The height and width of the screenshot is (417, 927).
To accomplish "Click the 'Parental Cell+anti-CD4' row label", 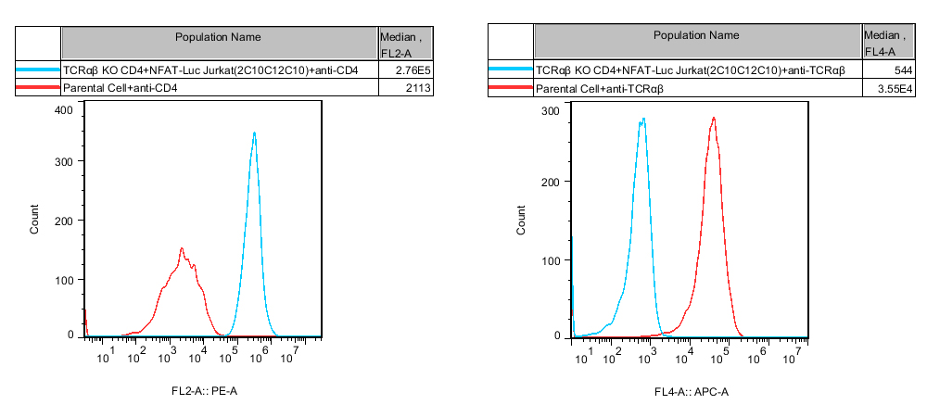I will pos(120,88).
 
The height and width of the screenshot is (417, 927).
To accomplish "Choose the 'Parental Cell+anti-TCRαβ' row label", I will pos(600,89).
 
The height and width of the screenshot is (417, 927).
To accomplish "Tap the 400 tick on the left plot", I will pos(63,109).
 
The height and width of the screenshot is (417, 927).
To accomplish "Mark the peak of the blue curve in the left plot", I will pos(254,133).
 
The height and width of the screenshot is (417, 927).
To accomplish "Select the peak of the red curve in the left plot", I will pos(182,248).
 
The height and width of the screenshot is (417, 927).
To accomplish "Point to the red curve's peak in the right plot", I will pos(713,118).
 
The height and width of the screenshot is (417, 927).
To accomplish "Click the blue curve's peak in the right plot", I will pos(642,119).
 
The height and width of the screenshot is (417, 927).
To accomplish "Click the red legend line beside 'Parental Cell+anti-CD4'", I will pos(38,88).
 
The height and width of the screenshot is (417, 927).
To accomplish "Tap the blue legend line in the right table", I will pos(511,70).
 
